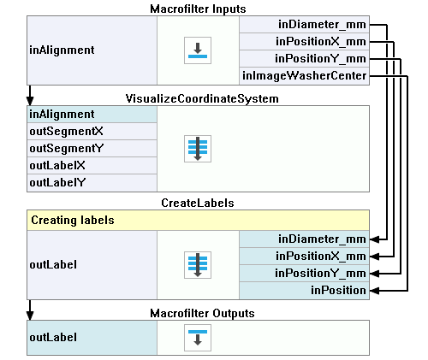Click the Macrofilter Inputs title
(x=198, y=9)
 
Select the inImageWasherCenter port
(x=304, y=76)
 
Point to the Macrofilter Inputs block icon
(x=198, y=50)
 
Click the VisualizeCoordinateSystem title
(x=202, y=99)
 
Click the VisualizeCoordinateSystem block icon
(x=198, y=149)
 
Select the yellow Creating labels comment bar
(x=198, y=221)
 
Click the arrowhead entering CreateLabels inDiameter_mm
(x=374, y=239)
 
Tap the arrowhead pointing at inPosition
(x=374, y=291)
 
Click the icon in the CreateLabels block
(x=198, y=265)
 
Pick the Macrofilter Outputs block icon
(x=198, y=338)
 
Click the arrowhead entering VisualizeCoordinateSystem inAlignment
(x=30, y=101)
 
